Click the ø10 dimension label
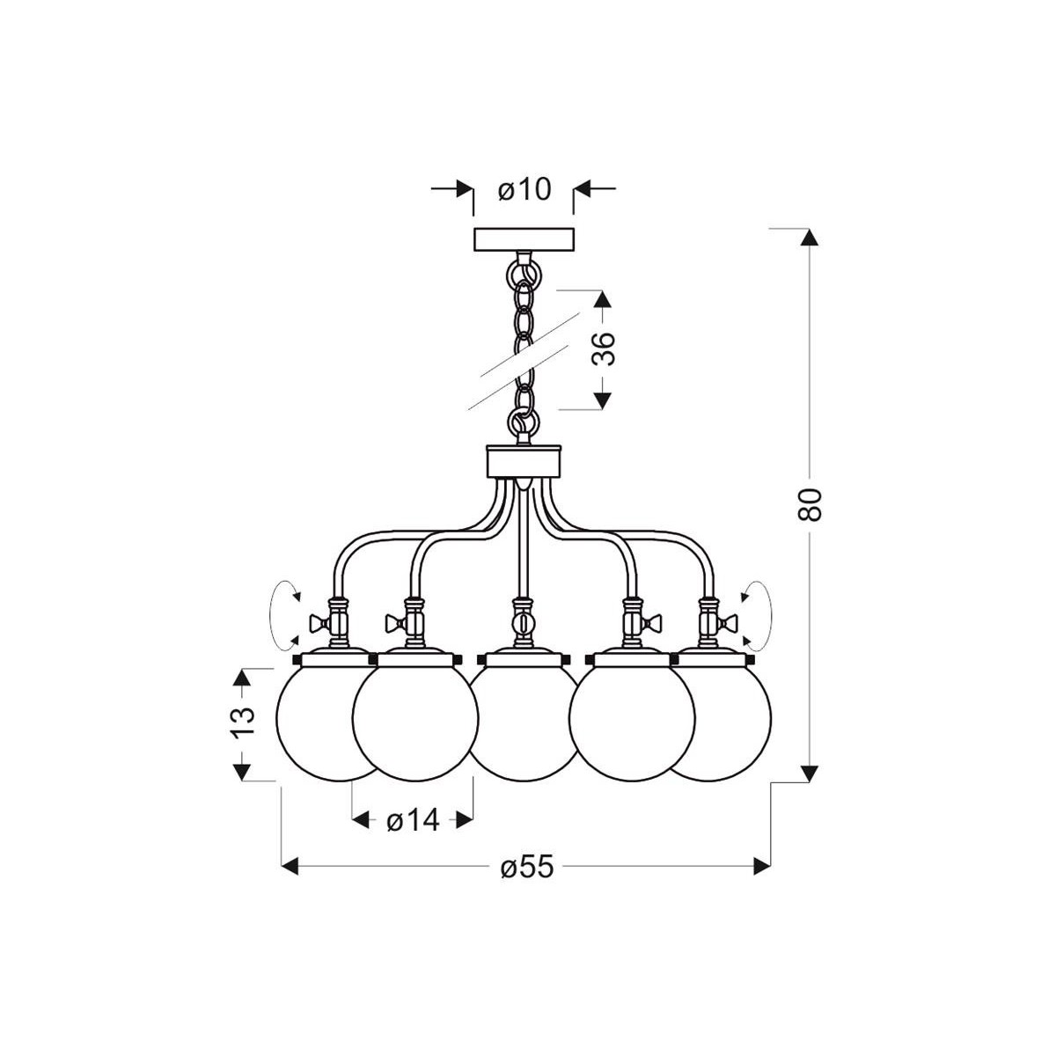click(x=524, y=189)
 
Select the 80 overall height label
click(x=811, y=503)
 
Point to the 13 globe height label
click(x=244, y=722)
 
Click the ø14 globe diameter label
click(x=412, y=821)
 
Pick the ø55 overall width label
click(x=527, y=868)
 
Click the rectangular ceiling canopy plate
click(x=524, y=240)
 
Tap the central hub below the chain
click(x=524, y=461)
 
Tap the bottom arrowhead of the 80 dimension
click(x=810, y=773)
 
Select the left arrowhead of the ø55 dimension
click(x=291, y=868)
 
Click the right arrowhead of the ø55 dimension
click(x=762, y=868)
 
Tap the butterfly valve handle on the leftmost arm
click(x=319, y=625)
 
